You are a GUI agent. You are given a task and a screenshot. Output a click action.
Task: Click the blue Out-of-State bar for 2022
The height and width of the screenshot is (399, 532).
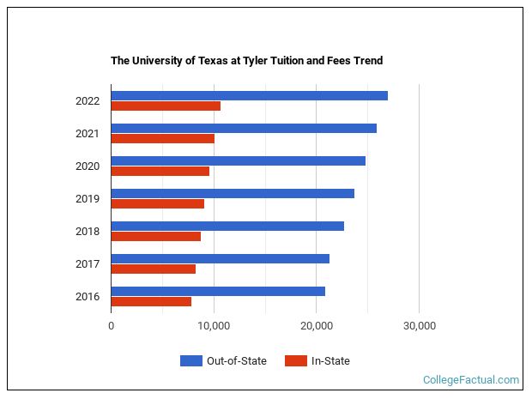[249, 95]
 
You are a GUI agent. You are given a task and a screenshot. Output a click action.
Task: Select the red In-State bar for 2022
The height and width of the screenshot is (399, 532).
[166, 106]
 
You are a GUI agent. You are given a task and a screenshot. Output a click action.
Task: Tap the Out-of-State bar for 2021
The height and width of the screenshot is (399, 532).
[244, 128]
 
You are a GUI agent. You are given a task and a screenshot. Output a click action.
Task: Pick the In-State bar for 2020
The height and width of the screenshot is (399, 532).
[160, 171]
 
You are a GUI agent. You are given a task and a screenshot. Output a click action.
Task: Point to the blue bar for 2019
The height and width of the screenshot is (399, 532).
[233, 193]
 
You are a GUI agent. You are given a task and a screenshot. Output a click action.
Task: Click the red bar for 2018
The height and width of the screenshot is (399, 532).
[156, 236]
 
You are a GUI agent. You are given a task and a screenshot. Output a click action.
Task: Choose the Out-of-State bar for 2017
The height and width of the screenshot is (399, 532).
[221, 258]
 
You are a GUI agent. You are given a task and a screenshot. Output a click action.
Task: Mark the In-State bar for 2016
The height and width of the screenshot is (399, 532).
[151, 301]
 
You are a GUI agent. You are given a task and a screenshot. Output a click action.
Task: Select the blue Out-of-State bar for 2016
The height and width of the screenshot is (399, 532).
[218, 291]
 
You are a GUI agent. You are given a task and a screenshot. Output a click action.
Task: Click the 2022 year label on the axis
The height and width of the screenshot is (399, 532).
[88, 101]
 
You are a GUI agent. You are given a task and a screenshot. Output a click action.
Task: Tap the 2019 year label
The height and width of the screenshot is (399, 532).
[88, 199]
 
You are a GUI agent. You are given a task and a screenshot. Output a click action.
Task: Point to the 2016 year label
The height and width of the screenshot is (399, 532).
[88, 297]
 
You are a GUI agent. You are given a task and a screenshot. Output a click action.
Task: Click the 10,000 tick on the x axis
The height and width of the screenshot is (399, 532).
[214, 326]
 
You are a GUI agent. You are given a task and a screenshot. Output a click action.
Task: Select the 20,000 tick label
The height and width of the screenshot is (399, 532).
[317, 326]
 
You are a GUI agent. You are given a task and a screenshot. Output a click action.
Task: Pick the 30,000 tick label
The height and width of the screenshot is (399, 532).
[419, 326]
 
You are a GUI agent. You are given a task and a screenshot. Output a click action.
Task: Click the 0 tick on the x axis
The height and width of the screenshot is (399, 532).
[112, 326]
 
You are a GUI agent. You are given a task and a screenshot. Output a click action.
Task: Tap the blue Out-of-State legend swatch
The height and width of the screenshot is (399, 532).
[190, 361]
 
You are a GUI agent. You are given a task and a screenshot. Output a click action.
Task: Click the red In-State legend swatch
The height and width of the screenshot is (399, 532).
[296, 361]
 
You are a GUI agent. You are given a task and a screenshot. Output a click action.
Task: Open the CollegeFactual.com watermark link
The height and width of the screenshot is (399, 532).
[471, 379]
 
